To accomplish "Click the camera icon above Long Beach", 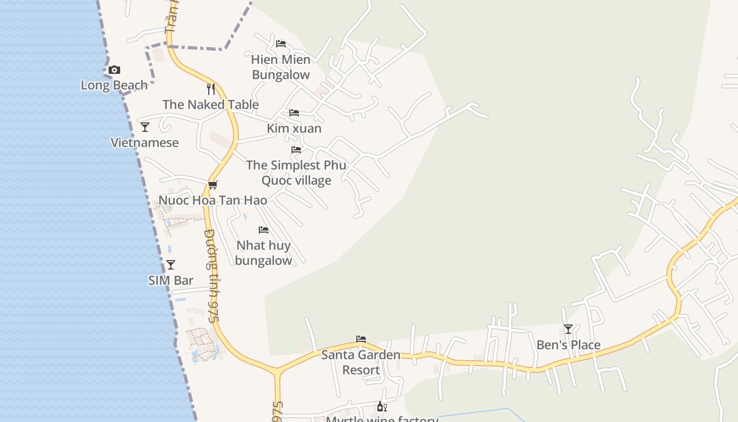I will pos(114,70).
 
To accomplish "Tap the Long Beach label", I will pos(114,85).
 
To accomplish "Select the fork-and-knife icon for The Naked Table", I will pos(211,89).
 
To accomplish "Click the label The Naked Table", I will pos(211,104).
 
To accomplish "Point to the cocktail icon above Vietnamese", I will pos(145,127).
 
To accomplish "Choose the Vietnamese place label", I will pos(145,142).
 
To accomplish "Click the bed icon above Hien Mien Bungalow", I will pos(281,43).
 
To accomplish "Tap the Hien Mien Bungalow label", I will pos(281,67).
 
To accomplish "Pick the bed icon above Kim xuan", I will pos(294,113).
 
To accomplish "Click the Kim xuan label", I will pos(294,128).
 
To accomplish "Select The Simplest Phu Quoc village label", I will pos(296,172).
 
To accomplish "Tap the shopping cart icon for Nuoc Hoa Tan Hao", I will pos(213,185).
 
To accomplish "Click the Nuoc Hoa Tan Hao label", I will pos(213,200).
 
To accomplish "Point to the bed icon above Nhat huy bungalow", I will pos(264,230).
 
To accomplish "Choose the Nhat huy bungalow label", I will pos(264,253).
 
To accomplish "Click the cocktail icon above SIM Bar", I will pos(171,265).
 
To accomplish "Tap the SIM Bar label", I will pos(171,280).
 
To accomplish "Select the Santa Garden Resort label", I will pos(361,362).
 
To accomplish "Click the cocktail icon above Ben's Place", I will pos(568,329).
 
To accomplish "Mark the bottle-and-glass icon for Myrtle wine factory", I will pos(382,407).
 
